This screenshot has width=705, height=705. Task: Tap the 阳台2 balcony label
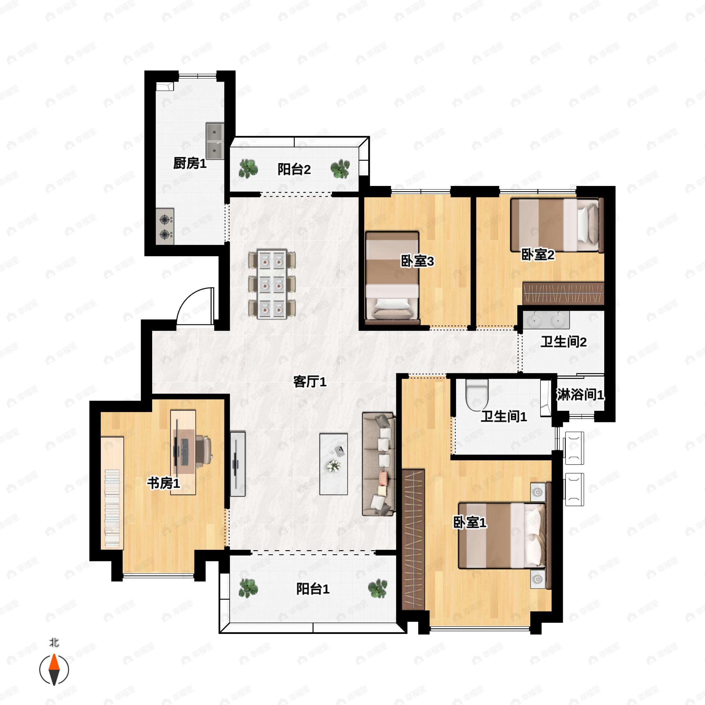point(294,169)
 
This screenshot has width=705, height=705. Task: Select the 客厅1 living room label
point(310,382)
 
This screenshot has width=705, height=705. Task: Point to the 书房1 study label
point(164,483)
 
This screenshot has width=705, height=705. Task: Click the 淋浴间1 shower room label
point(580,395)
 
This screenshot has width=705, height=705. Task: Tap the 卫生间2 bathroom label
point(563,342)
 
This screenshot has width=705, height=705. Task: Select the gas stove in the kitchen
point(165,226)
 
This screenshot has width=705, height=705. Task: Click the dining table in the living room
point(272,284)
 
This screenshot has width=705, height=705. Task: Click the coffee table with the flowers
point(333,464)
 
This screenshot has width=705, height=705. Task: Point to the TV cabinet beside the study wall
point(238,464)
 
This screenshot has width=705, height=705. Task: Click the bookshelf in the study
point(113,493)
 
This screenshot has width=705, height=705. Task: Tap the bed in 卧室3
point(392,278)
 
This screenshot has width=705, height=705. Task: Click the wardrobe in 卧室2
point(563,293)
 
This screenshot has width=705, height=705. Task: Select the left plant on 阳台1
point(248,589)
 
